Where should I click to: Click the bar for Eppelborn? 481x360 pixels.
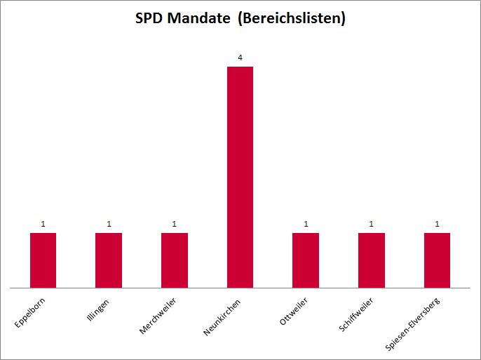[43, 260]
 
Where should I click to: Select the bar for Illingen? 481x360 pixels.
[109, 260]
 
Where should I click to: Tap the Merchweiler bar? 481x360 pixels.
[175, 260]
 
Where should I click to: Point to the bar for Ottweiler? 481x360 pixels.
[306, 260]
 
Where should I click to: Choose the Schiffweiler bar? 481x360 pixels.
[372, 260]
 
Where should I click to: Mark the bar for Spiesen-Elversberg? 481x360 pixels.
[437, 260]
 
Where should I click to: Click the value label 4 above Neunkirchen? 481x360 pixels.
[240, 58]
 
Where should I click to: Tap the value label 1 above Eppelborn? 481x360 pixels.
[43, 224]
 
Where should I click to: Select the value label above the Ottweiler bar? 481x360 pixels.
[306, 224]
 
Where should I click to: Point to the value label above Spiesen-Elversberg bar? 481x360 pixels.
[438, 224]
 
